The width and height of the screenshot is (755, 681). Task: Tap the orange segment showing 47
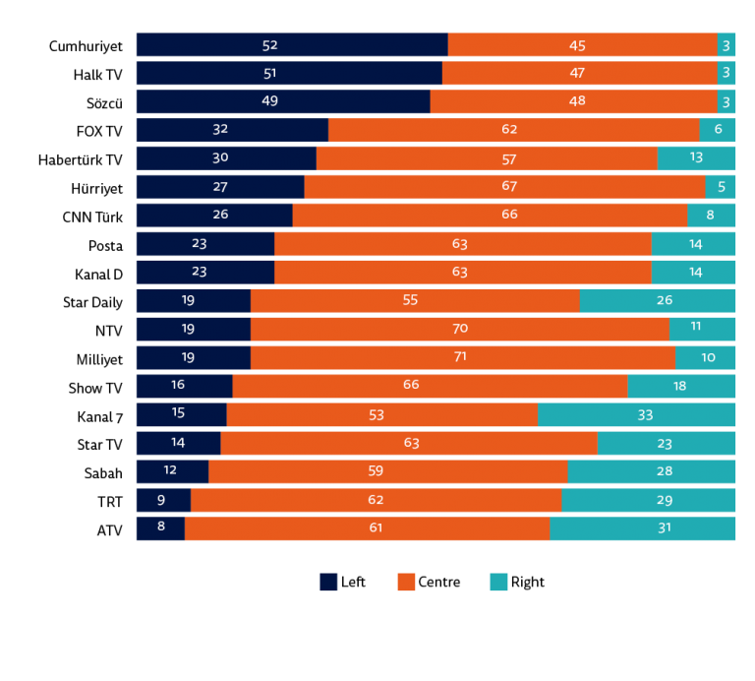[579, 74]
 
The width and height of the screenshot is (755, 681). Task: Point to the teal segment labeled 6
[718, 130]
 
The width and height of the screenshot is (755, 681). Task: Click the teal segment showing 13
[696, 158]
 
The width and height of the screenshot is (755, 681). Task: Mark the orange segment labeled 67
[504, 187]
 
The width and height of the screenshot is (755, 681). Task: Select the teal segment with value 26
[657, 301]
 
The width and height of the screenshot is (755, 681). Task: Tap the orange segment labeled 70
[460, 329]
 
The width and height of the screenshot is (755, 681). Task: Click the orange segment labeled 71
[463, 357]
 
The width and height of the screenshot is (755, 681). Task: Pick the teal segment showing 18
[681, 386]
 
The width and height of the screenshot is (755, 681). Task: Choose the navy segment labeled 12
[172, 471]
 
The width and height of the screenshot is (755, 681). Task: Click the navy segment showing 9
[163, 500]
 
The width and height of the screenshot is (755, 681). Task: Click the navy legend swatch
[328, 583]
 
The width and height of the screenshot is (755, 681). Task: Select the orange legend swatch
[406, 583]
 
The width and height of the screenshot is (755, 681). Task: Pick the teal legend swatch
[498, 583]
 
